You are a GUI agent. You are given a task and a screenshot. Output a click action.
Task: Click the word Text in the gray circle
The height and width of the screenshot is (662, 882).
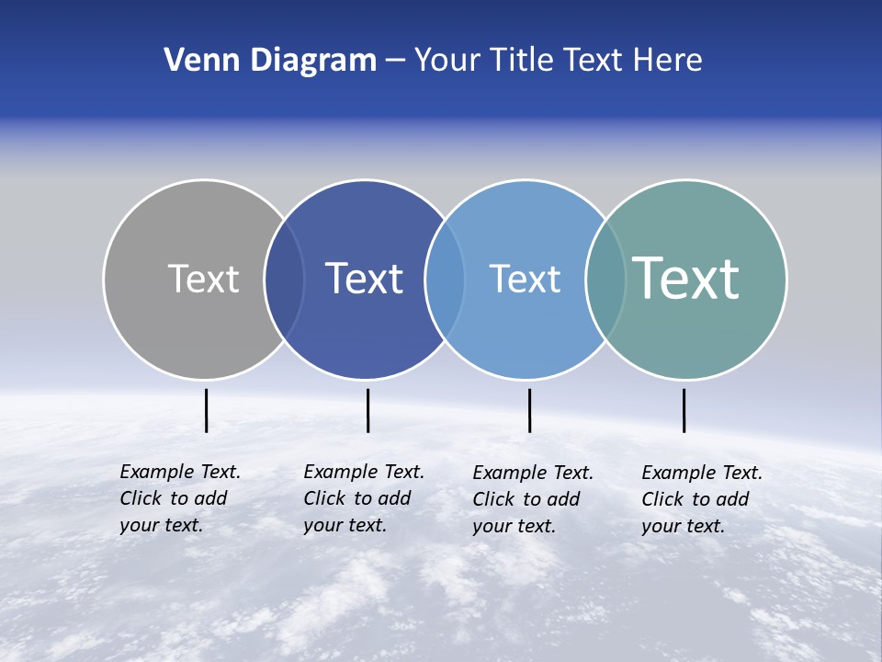click(203, 279)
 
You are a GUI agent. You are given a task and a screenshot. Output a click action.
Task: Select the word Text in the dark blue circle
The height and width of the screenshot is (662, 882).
click(364, 279)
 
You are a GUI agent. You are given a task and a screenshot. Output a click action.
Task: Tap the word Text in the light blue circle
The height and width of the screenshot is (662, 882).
click(525, 279)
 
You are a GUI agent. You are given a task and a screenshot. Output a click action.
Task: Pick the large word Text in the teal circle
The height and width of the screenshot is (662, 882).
click(686, 278)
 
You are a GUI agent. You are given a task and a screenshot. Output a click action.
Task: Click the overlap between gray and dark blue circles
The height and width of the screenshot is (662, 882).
click(284, 280)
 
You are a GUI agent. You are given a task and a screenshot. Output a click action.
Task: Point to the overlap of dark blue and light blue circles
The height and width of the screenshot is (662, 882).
click(445, 280)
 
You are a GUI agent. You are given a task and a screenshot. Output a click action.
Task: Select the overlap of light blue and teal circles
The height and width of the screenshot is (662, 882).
click(605, 280)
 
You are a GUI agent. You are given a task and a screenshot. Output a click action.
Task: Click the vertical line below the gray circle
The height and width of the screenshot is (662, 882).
click(206, 410)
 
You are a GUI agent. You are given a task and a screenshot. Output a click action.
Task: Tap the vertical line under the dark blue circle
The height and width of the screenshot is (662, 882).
click(367, 410)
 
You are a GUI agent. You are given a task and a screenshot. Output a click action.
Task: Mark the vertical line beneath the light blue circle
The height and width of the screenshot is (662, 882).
click(529, 410)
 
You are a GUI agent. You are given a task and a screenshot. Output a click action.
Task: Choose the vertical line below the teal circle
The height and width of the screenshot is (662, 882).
click(684, 410)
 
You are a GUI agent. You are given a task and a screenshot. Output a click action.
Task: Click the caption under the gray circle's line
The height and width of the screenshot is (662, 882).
click(180, 498)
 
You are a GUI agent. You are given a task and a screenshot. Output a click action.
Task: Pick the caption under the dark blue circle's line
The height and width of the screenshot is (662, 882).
click(364, 498)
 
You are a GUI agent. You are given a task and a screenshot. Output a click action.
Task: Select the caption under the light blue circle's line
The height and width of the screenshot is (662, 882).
click(533, 499)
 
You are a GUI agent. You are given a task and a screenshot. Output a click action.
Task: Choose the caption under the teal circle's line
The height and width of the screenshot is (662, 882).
click(702, 499)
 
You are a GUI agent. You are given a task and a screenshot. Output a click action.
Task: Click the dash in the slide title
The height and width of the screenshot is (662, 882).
click(395, 62)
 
